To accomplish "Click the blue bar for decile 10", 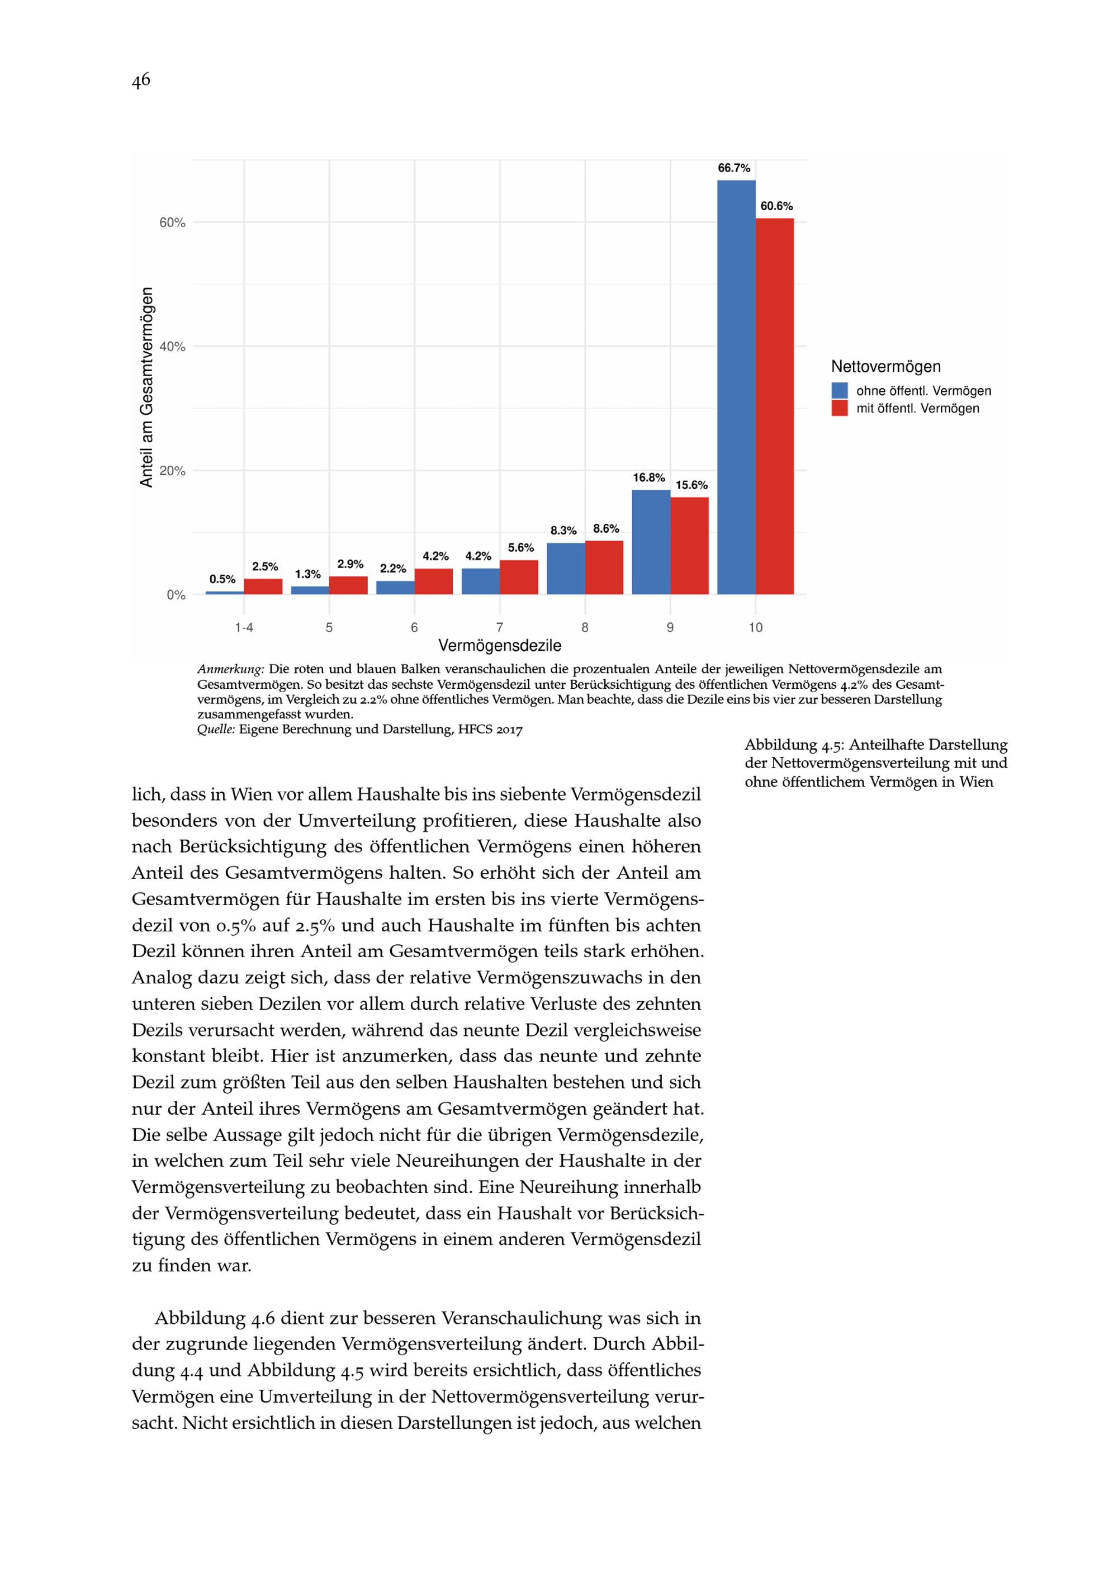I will point(736,387).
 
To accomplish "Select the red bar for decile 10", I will point(774,406).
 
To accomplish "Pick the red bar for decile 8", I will point(604,567).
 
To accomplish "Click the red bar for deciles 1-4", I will point(263,586).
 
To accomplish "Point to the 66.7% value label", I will point(734,168).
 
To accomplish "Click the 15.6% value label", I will point(691,485).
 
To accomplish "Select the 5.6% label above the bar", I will point(521,548).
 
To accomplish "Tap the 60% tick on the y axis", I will point(173,223).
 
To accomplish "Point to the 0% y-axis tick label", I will point(176,595).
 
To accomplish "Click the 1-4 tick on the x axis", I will point(244,627).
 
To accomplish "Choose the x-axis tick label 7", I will point(500,627).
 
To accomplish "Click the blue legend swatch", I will point(839,390).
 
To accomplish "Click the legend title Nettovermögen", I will point(885,366).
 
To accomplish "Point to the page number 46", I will point(140,81).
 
